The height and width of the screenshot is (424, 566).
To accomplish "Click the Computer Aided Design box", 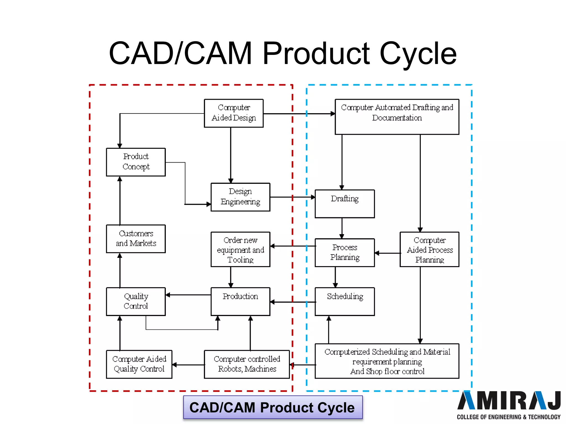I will coord(234,113).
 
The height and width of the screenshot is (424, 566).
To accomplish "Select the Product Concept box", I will coord(136,162).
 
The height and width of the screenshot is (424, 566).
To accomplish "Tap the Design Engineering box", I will coord(240,197).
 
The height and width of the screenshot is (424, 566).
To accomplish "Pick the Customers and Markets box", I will coord(136,239).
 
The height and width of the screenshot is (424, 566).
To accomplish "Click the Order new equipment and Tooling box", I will coord(240,250).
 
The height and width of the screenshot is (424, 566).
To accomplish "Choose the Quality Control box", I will coord(136,301).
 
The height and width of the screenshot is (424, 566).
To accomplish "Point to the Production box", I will coord(240,301).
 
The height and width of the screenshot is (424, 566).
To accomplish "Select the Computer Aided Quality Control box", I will coord(139,364).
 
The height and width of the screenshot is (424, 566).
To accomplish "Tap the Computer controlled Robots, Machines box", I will coord(247,364).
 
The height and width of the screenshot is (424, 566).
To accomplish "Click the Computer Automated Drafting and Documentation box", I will coord(397,117).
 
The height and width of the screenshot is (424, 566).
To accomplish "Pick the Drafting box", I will coord(345,204).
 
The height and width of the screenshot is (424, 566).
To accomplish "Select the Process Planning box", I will coord(345,253).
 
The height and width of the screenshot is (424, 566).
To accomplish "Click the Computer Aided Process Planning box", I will coord(429,250).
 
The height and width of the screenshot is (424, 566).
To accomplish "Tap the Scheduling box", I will coord(345,301).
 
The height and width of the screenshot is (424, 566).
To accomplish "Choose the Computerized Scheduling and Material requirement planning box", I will coord(387,361).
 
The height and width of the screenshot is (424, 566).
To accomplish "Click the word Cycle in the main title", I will coord(418,54).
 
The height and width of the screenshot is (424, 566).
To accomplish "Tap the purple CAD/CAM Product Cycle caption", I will coord(273,408).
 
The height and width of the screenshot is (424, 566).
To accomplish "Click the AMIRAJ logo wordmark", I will coord(509,401).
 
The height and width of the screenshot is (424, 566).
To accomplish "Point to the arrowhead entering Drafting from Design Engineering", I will coord(313,197).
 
